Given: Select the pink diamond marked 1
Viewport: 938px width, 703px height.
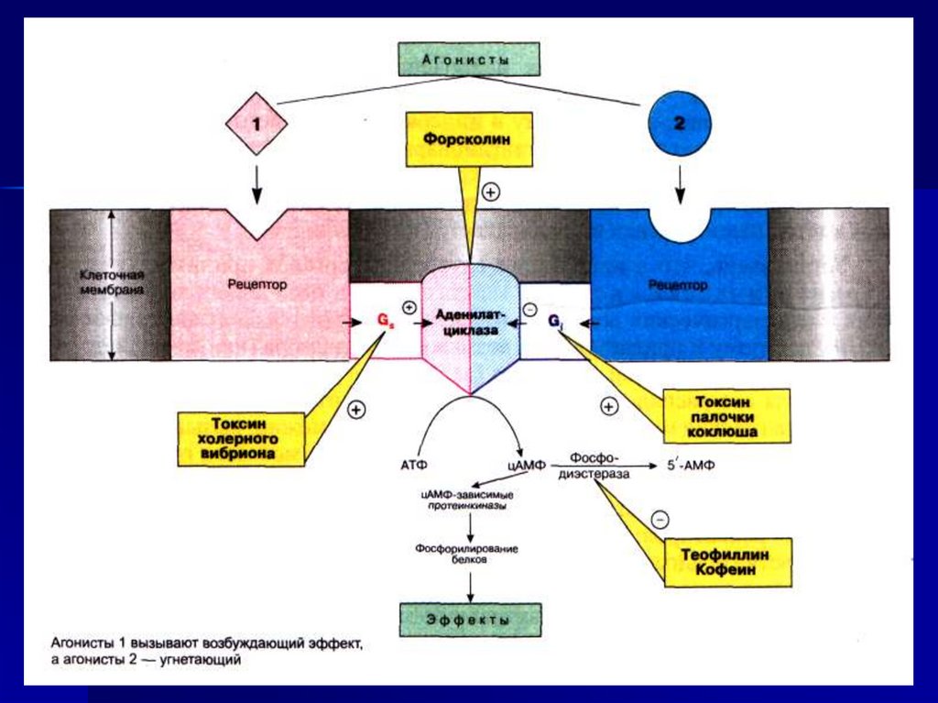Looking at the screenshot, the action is click(256, 124).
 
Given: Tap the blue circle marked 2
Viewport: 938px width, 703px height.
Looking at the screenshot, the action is click(680, 124).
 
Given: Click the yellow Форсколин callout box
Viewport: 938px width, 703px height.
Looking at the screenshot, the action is click(467, 139).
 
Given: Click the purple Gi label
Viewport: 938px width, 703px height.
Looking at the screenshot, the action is click(554, 322).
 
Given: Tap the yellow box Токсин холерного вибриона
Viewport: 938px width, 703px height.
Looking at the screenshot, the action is click(241, 438).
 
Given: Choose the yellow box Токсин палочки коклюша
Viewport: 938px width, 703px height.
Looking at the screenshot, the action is click(725, 416).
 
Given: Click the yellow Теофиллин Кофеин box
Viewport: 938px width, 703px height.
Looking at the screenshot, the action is click(727, 562).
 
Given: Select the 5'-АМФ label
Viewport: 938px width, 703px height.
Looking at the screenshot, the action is click(691, 466).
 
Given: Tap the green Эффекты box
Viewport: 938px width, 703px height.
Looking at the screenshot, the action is click(470, 620).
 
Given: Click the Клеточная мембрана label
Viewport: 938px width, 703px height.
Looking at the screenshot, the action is click(112, 282).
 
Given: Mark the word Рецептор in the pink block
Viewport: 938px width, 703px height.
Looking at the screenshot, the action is click(257, 284).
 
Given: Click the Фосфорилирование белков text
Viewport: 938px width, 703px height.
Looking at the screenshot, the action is click(466, 554).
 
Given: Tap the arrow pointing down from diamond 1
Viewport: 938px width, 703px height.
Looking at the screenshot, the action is click(256, 185).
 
